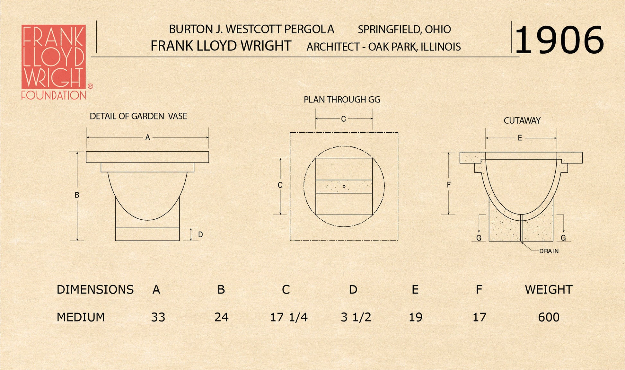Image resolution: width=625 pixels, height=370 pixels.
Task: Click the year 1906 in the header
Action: [x=559, y=40]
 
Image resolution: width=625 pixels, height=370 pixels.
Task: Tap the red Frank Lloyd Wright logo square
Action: [x=54, y=57]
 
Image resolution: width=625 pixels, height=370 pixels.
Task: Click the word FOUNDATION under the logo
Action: [x=54, y=95]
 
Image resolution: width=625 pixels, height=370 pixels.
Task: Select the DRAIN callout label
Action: [x=549, y=251]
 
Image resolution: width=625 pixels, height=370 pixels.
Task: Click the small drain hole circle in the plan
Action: [x=344, y=186]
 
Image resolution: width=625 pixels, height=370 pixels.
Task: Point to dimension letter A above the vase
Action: [x=147, y=137]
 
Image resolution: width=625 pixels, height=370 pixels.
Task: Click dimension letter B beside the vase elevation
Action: [x=77, y=195]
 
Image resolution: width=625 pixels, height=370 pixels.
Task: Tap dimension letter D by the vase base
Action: [x=200, y=234]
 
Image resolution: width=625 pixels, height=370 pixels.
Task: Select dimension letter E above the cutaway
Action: [x=520, y=138]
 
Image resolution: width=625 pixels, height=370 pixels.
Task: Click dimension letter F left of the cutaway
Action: [x=449, y=185]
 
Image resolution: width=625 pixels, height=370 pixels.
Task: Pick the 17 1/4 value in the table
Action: [x=288, y=317]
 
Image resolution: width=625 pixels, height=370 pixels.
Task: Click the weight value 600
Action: [x=549, y=317]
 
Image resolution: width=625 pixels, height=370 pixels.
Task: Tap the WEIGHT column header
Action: [x=549, y=290]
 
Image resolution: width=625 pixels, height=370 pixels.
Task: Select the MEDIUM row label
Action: [x=81, y=317]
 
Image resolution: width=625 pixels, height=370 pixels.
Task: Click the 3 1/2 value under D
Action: [x=356, y=317]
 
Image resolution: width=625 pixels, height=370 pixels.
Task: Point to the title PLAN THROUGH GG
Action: [x=342, y=100]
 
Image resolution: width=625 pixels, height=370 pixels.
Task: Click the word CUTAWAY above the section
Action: [x=522, y=121]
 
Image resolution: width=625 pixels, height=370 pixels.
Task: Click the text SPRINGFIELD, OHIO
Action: [x=404, y=30]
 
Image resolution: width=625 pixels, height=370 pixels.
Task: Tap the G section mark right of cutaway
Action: [x=563, y=238]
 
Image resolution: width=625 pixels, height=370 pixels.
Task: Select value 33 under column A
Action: [x=158, y=317]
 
